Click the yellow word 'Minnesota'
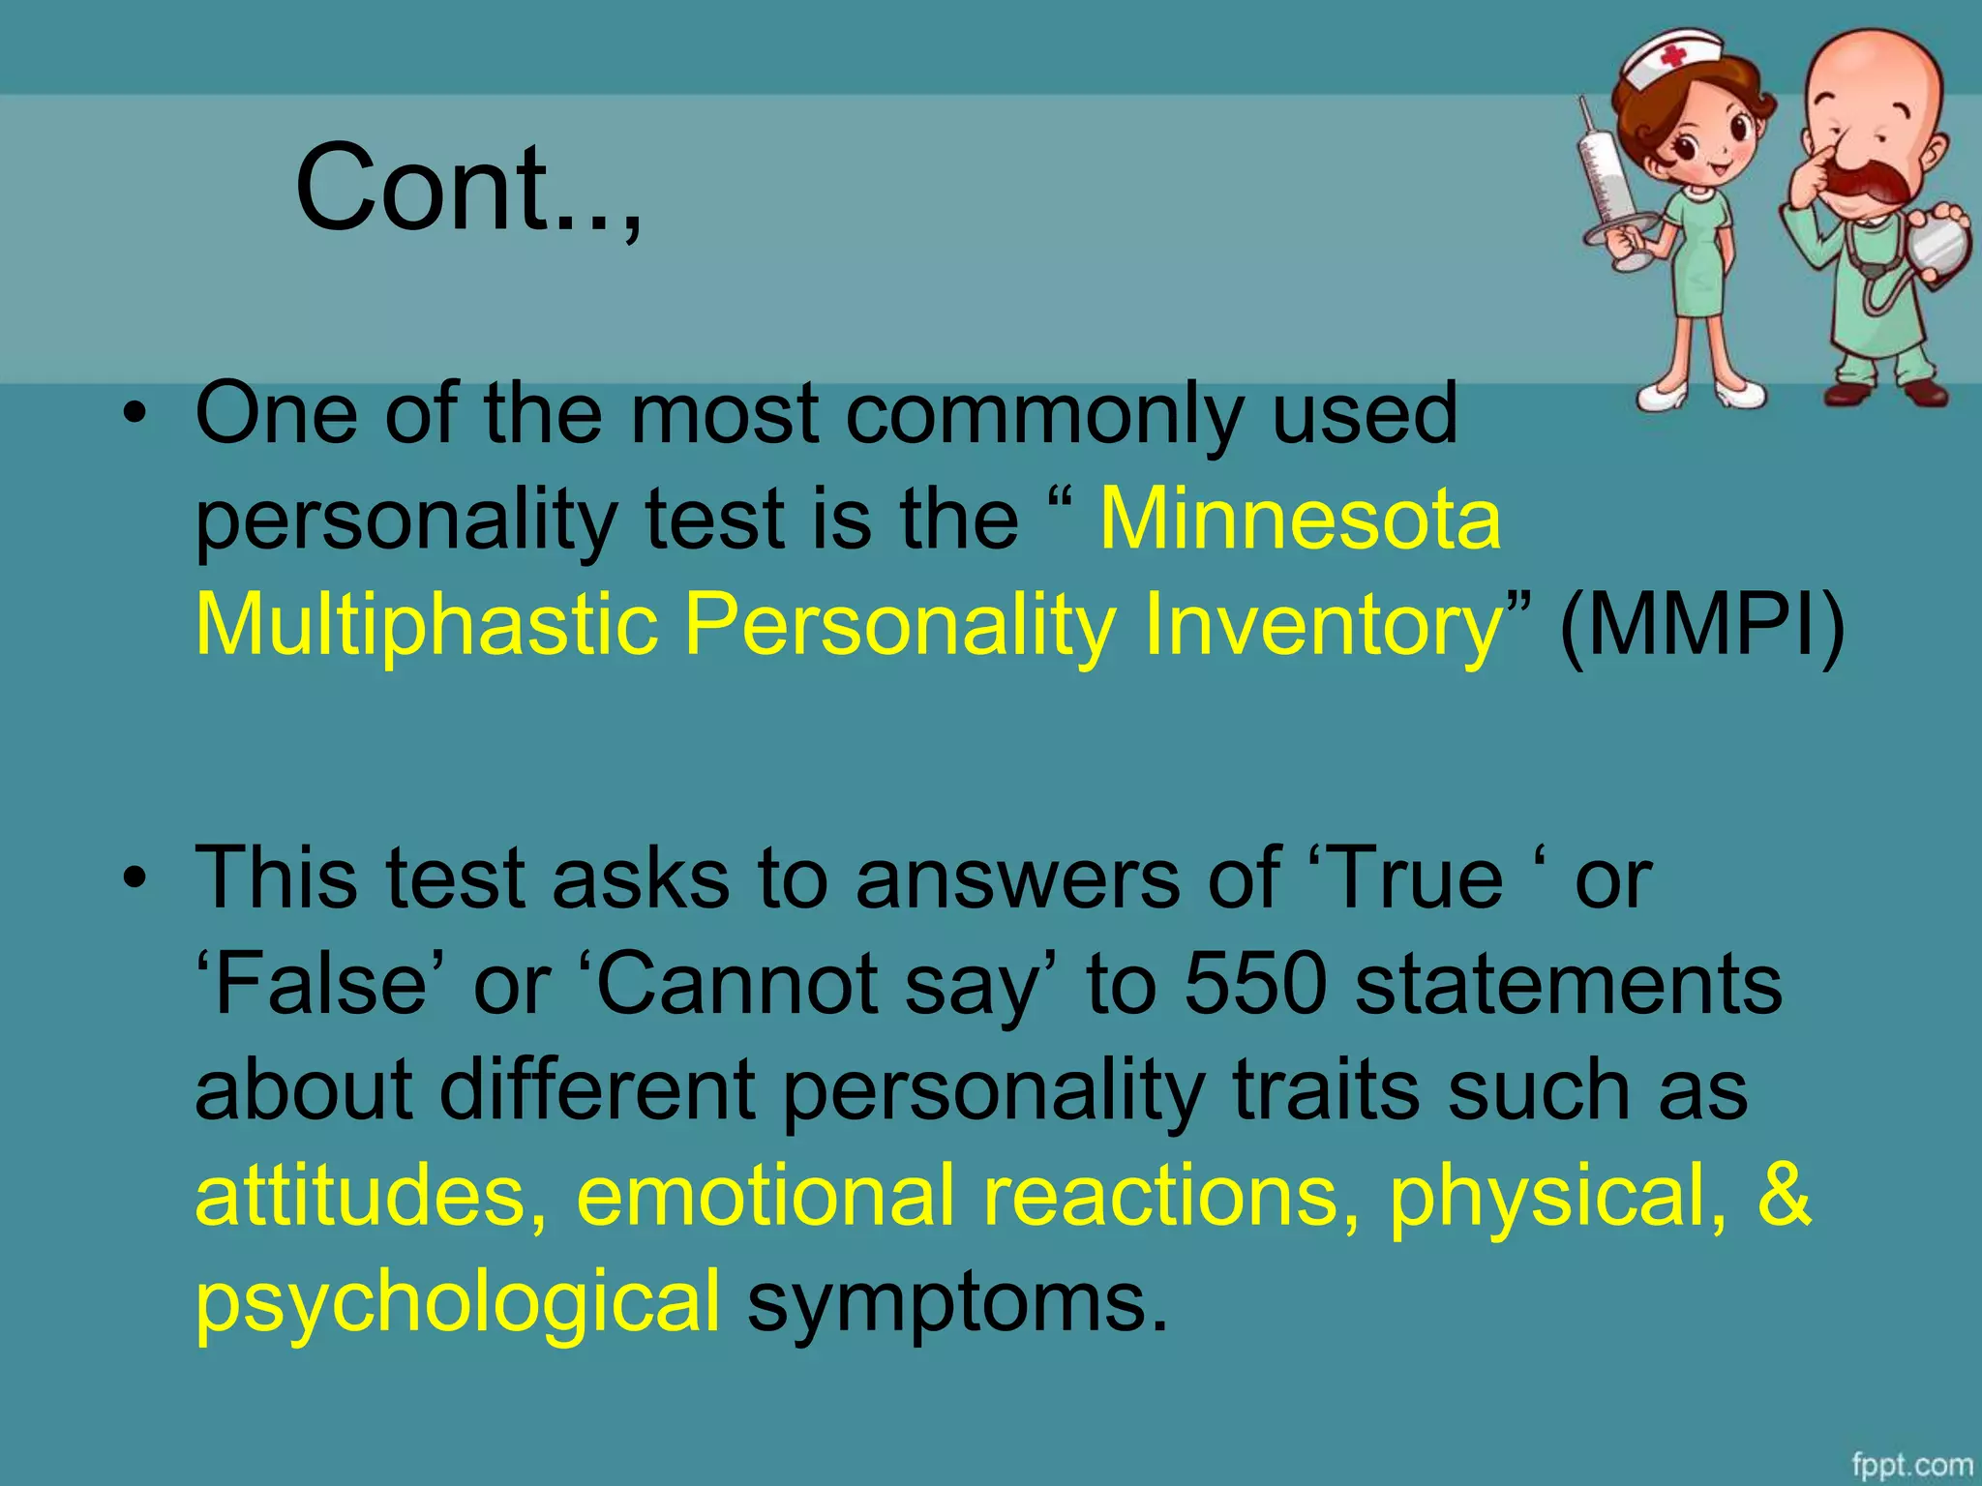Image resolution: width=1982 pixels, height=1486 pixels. click(x=1301, y=520)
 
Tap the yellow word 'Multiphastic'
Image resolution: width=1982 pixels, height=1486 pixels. click(x=427, y=625)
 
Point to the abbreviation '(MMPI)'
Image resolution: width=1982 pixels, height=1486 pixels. click(x=1701, y=625)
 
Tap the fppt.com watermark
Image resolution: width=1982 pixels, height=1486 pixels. click(x=1911, y=1465)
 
